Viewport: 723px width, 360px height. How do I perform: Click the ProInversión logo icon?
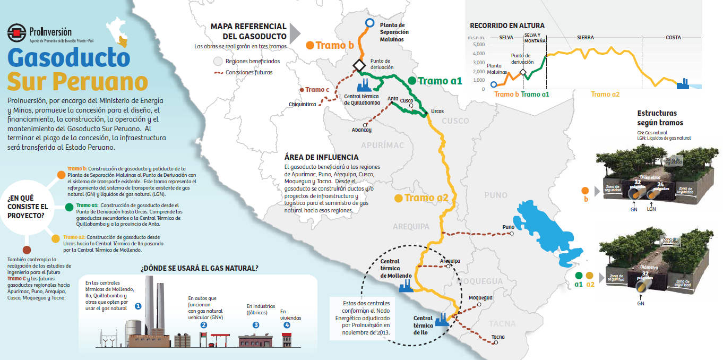pos(17,33)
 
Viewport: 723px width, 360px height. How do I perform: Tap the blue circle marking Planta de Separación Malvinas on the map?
pos(369,22)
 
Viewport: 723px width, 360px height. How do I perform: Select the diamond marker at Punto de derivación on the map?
pos(359,65)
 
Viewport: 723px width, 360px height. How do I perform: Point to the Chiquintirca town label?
pos(303,104)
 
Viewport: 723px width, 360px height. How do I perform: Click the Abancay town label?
pos(361,130)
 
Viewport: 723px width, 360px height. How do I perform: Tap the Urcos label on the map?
pos(437,111)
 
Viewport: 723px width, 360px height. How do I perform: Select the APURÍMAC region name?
pos(382,145)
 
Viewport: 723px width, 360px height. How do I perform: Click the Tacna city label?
pos(498,337)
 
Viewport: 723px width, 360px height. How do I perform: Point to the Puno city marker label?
pos(508,227)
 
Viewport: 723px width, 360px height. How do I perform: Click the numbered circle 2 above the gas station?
pos(203,325)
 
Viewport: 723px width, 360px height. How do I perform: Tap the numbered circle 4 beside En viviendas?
pos(287,325)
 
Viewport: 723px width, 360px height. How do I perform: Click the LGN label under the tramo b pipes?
pos(652,209)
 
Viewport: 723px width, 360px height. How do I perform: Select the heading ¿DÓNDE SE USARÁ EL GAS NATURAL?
pos(199,268)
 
